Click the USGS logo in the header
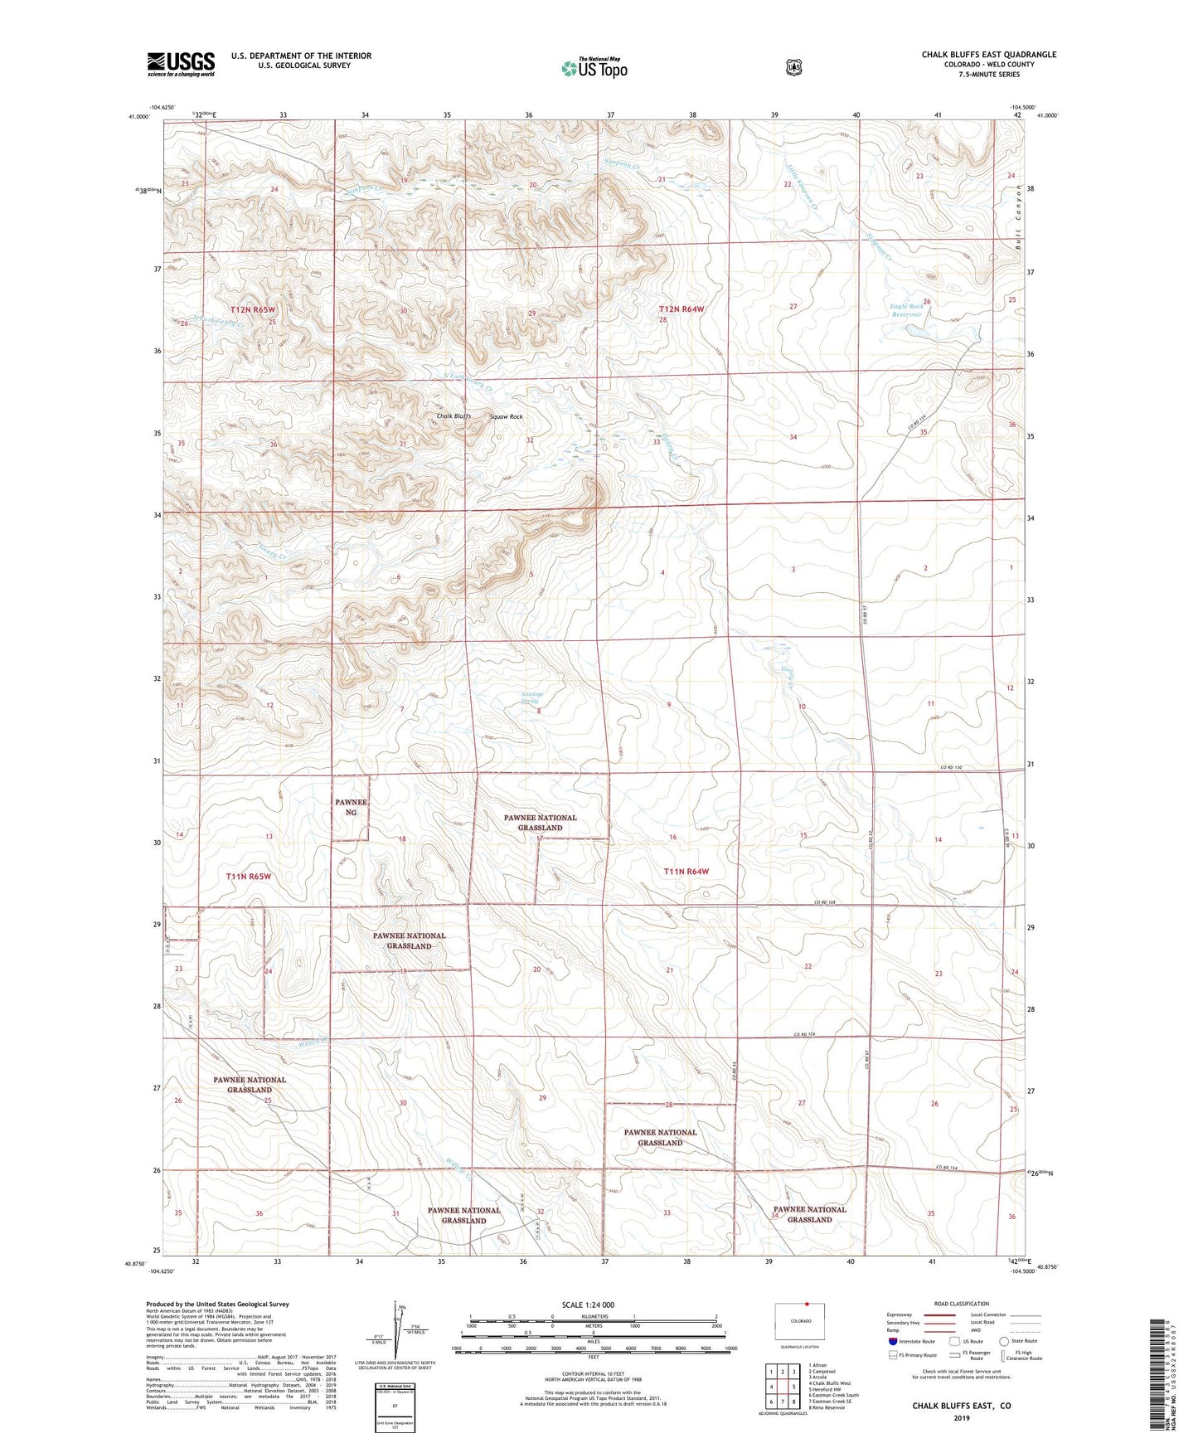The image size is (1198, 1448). (181, 64)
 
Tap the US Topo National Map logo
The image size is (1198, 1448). (594, 67)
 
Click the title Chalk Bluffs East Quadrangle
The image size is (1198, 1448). (988, 55)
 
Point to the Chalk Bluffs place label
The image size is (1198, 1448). (453, 416)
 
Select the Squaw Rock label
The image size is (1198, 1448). (506, 416)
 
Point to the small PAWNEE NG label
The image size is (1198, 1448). (351, 807)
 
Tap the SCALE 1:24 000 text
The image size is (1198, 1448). (588, 1305)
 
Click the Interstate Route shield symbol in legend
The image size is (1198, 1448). (892, 1341)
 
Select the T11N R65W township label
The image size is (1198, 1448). (249, 876)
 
